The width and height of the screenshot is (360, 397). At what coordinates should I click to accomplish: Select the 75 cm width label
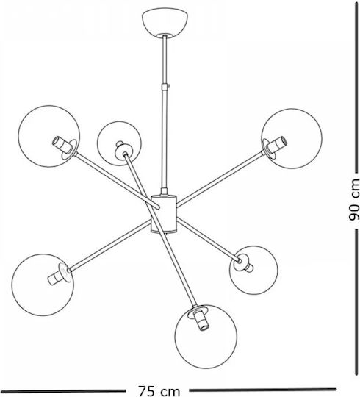click(159, 391)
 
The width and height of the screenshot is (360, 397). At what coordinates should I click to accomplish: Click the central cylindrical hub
click(164, 214)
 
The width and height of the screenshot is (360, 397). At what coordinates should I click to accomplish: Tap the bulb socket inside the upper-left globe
click(62, 145)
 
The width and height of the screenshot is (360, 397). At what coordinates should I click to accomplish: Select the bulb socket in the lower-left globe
click(56, 276)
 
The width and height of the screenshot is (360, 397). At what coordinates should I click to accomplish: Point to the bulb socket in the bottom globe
click(201, 320)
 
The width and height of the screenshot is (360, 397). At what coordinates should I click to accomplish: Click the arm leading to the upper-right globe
click(220, 178)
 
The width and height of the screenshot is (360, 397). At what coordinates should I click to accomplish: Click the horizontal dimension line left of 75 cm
click(62, 391)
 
